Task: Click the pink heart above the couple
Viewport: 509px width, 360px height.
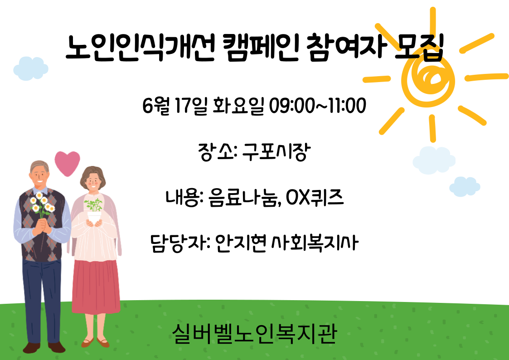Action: (x=67, y=163)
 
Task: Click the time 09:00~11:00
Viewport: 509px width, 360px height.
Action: (x=318, y=106)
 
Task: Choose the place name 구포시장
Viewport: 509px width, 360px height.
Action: (x=276, y=152)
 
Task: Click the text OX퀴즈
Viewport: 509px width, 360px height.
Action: (x=315, y=198)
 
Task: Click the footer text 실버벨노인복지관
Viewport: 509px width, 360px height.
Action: (x=255, y=334)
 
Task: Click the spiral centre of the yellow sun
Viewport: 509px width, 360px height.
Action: (x=429, y=78)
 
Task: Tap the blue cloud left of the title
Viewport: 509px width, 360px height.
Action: (x=31, y=68)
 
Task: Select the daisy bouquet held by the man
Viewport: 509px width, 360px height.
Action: (x=42, y=204)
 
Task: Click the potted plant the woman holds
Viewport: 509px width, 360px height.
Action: (x=94, y=211)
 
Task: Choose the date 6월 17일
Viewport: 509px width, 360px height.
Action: (x=175, y=106)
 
